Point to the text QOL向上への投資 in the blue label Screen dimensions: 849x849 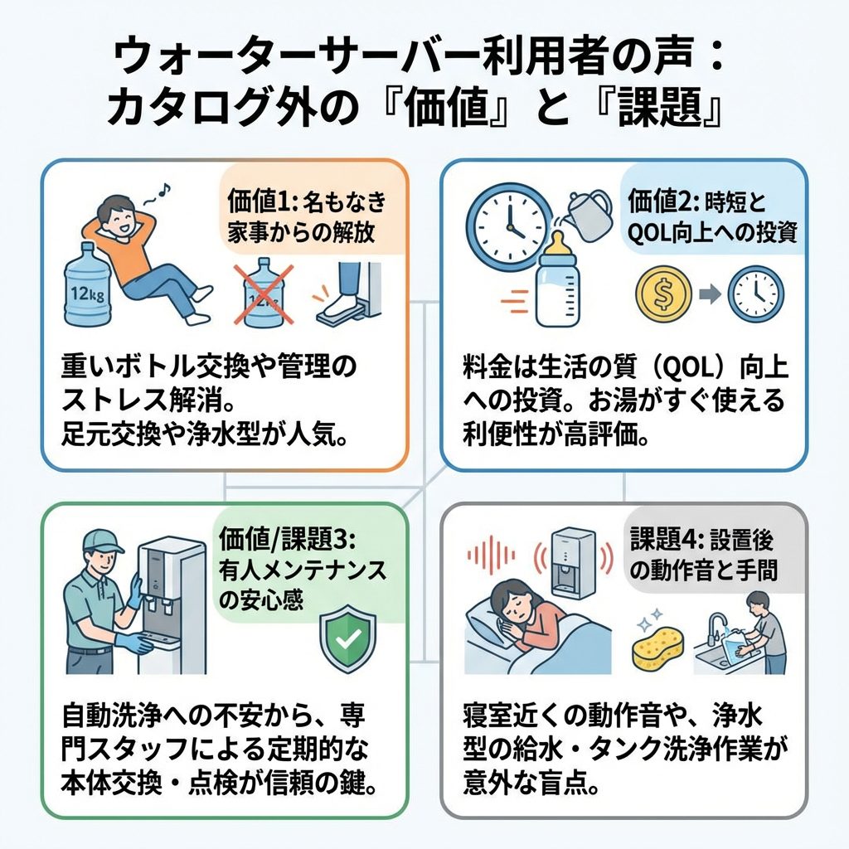coord(713,233)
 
